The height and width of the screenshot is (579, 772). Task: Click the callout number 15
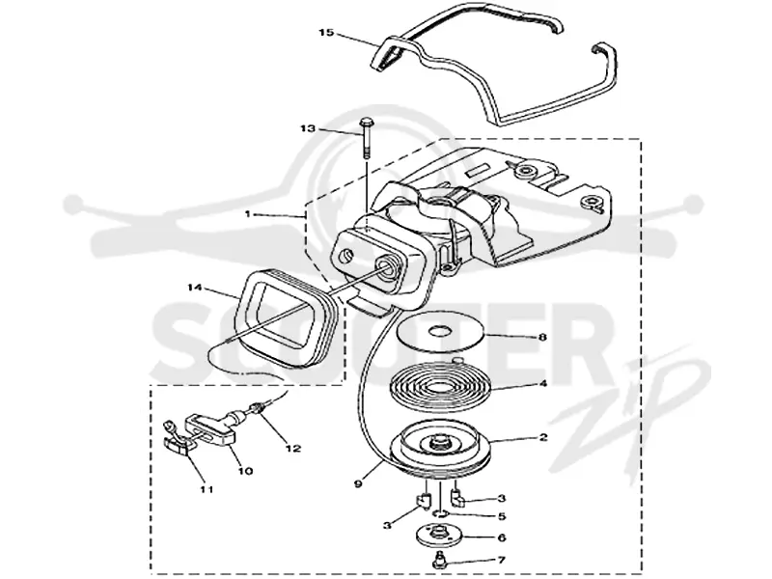(326, 33)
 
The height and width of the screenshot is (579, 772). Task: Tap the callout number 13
(308, 128)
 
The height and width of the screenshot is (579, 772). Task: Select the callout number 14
(196, 287)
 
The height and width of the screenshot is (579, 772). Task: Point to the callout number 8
(542, 337)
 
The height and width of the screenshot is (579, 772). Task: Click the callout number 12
(293, 449)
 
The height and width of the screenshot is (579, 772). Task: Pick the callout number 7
(502, 560)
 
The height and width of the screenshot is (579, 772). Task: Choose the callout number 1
(248, 214)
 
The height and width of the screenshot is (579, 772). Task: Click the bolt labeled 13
(366, 138)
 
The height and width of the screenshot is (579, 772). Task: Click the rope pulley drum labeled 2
(441, 447)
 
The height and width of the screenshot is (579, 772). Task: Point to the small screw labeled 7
(436, 561)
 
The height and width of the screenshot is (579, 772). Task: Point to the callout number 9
(358, 483)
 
